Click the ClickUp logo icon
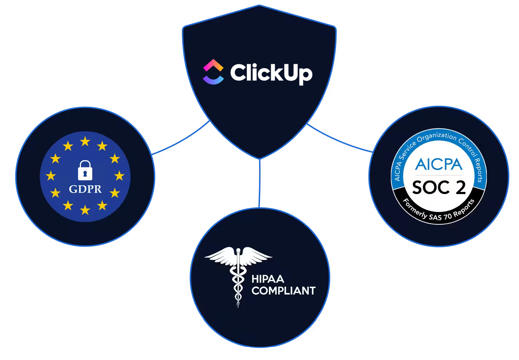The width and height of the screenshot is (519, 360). pyautogui.click(x=213, y=72)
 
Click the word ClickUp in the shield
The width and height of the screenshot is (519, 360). pyautogui.click(x=271, y=73)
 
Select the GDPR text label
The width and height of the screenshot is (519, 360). pyautogui.click(x=85, y=189)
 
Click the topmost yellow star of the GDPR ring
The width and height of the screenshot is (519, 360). pyautogui.click(x=85, y=142)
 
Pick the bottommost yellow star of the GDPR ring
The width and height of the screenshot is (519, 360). pyautogui.click(x=85, y=210)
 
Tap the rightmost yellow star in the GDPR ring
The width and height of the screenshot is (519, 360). pyautogui.click(x=119, y=176)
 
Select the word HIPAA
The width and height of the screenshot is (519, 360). pyautogui.click(x=268, y=279)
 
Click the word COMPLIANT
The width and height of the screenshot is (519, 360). pyautogui.click(x=283, y=291)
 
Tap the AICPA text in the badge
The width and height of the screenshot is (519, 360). pyautogui.click(x=438, y=164)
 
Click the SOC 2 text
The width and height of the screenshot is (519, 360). pyautogui.click(x=439, y=187)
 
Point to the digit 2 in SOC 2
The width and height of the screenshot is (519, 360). pyautogui.click(x=461, y=187)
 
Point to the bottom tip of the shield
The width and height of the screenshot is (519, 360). pyautogui.click(x=259, y=158)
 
